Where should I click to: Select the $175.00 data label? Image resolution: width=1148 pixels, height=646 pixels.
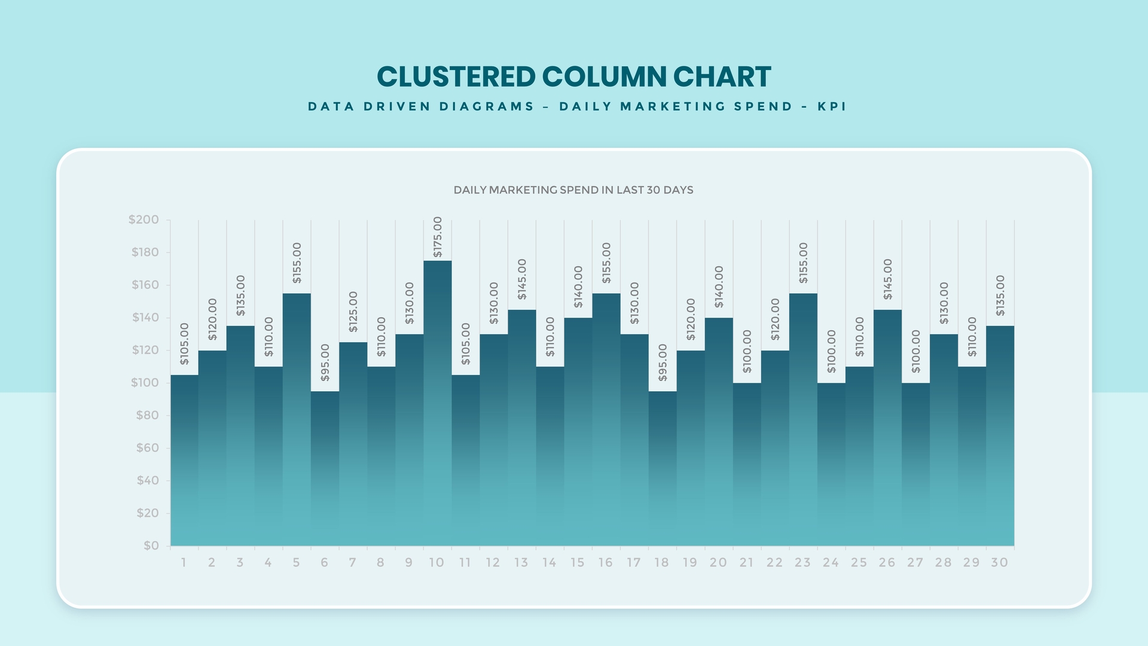[438, 237]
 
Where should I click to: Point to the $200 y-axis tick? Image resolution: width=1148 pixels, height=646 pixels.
[144, 220]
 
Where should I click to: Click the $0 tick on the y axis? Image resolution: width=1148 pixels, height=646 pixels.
[151, 546]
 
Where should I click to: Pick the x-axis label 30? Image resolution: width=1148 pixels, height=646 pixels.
[999, 562]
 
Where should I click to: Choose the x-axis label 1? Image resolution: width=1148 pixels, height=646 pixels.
[184, 562]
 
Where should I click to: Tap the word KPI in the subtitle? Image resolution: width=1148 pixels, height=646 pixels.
[832, 106]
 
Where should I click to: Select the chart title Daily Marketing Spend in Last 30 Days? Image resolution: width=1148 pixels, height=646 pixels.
[573, 190]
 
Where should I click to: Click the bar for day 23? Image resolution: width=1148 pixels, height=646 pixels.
[803, 419]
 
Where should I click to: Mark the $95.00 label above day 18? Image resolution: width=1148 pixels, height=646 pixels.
[662, 362]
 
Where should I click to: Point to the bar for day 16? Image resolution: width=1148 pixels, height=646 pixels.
[606, 419]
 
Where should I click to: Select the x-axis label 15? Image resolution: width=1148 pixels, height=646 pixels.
[577, 562]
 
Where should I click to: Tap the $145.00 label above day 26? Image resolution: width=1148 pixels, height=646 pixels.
[888, 279]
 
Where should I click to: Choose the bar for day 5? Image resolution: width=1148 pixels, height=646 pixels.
[297, 419]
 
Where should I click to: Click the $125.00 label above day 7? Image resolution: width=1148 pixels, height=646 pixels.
[353, 312]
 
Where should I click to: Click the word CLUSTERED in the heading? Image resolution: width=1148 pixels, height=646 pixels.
[456, 77]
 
